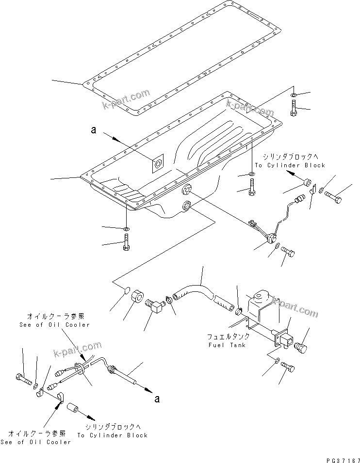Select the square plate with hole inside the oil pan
(x=158, y=164)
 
